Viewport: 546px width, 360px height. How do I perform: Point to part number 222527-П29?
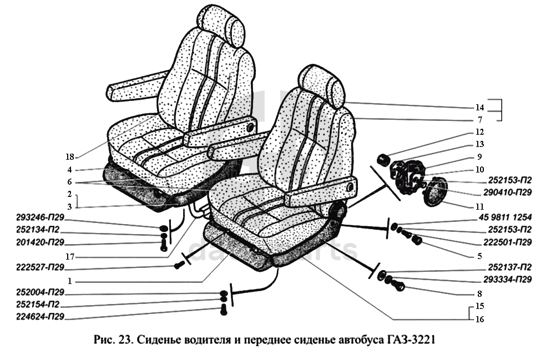41,267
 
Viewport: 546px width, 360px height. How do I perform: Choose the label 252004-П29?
41,292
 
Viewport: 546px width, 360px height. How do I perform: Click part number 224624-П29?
41,317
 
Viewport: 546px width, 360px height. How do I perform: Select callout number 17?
69,257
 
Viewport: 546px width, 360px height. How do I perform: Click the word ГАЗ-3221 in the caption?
408,339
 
